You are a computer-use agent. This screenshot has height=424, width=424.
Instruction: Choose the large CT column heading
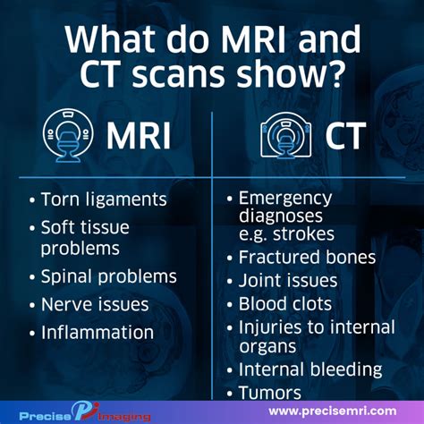343,137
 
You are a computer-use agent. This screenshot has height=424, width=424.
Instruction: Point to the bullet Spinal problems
108,276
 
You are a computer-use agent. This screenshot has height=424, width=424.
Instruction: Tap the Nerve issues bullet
95,304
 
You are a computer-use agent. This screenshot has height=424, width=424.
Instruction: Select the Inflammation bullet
98,332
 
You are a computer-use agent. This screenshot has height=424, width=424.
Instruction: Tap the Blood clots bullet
285,304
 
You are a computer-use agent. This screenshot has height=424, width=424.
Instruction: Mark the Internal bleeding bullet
310,369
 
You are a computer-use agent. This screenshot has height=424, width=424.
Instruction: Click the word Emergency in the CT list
284,198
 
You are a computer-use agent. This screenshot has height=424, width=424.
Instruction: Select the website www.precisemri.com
332,411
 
